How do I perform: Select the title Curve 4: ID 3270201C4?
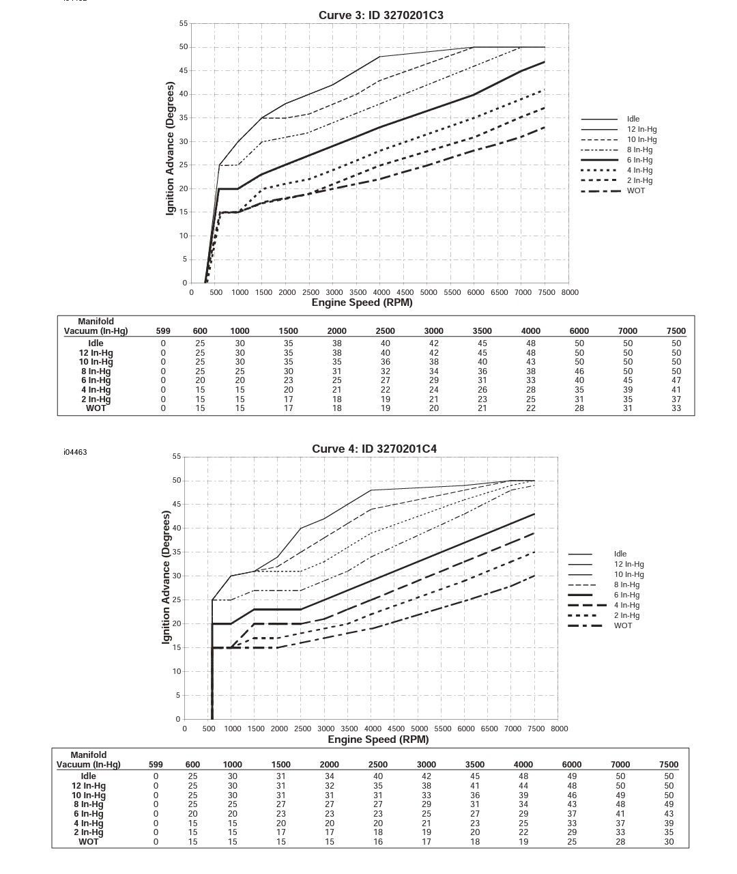point(374,449)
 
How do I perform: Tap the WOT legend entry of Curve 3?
point(635,191)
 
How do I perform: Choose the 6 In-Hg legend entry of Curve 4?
point(626,595)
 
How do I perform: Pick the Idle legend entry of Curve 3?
point(633,119)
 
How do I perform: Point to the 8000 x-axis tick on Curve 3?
point(569,292)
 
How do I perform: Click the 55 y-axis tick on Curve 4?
point(177,456)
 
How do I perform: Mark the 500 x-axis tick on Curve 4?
point(209,729)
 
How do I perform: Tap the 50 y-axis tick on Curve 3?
point(183,47)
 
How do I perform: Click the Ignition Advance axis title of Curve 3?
point(170,148)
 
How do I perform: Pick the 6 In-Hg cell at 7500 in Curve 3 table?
point(676,380)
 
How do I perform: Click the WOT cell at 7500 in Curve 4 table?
point(668,842)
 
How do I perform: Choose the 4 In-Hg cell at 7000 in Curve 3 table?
point(627,390)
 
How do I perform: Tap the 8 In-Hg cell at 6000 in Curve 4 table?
point(571,804)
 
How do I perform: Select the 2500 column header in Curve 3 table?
point(385,331)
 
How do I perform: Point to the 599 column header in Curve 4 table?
point(156,765)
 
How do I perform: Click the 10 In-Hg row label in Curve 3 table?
point(96,362)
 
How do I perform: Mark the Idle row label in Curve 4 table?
point(88,776)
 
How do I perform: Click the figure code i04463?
point(75,452)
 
